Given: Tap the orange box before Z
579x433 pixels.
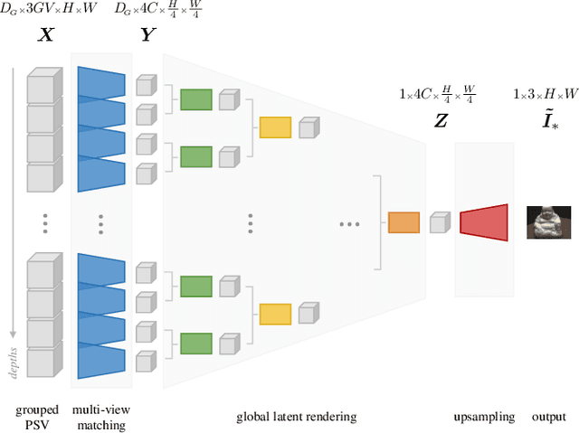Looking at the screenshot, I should (403, 222).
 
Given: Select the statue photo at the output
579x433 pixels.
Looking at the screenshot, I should (549, 221).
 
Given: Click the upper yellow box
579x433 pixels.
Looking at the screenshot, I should (275, 127).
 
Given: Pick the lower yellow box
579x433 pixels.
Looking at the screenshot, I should (275, 314).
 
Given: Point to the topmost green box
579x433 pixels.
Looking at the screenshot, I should (195, 99).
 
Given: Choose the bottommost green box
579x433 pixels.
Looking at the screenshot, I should (195, 344).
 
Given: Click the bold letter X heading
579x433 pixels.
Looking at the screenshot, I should (41, 35).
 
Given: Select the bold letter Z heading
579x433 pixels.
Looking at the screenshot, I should (441, 119).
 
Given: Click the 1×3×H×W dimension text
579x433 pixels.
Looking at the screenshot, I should (546, 94).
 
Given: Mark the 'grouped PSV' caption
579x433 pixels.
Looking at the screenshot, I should (37, 417).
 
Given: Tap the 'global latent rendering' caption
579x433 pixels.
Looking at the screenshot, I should (297, 417).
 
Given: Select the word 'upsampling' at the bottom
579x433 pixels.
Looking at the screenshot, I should (484, 417).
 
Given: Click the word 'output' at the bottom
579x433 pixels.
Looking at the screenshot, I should (548, 417).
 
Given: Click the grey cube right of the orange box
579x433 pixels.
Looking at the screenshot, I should (440, 222).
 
